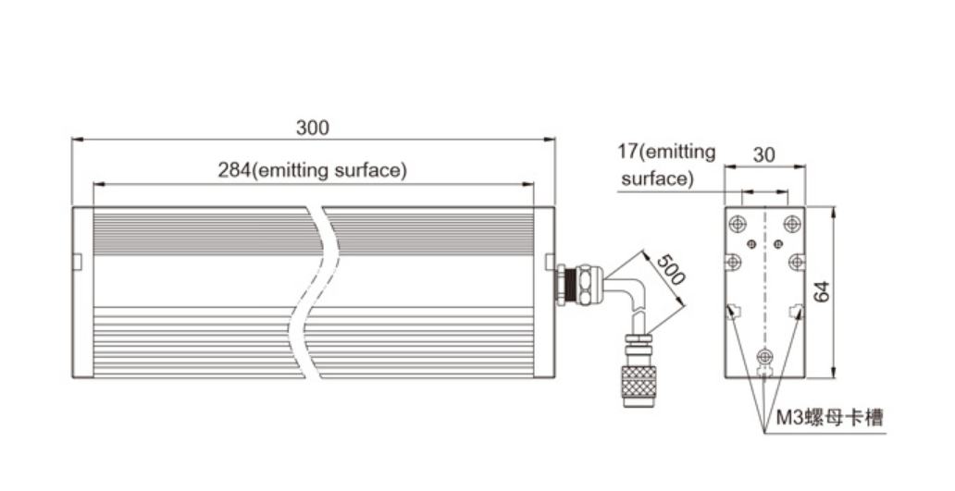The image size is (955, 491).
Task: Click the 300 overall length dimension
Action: [312, 128]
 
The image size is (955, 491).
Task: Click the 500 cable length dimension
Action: [674, 268]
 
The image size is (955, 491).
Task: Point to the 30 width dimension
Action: [763, 155]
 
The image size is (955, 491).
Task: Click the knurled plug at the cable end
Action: [639, 383]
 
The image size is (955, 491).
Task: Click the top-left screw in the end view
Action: [738, 224]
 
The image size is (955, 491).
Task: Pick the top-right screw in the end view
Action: [791, 224]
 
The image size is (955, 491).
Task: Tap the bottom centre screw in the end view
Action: [764, 356]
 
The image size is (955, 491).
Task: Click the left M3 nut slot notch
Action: [734, 311]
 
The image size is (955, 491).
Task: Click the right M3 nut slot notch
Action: [795, 311]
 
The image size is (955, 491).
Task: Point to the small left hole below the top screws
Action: [751, 244]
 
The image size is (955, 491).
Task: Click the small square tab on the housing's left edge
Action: [78, 262]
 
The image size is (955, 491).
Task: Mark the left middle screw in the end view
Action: [734, 262]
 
